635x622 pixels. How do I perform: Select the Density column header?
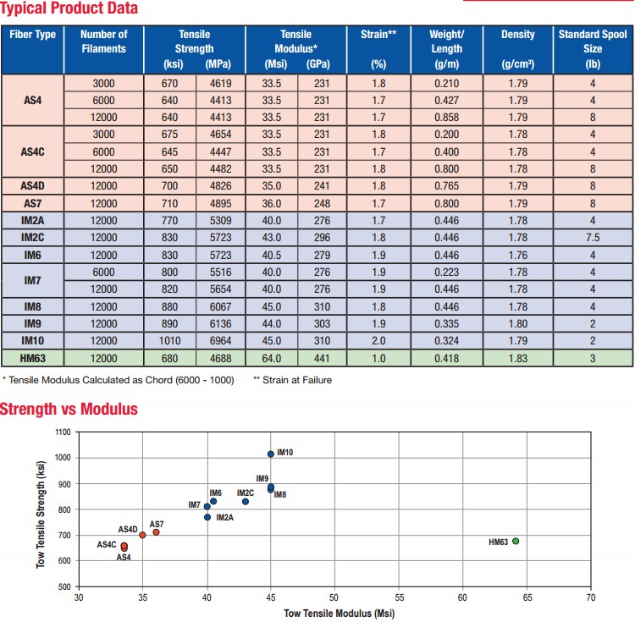[517, 35]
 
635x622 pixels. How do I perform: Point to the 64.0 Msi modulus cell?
[272, 359]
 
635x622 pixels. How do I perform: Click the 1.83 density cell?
[517, 359]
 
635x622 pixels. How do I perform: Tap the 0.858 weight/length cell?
[445, 115]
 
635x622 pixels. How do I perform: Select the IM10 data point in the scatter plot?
[271, 454]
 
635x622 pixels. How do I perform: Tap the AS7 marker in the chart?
[156, 531]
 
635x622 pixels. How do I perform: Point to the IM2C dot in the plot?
[246, 501]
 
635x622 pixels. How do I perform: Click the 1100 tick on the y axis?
[62, 432]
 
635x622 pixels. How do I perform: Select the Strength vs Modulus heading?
[69, 410]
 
